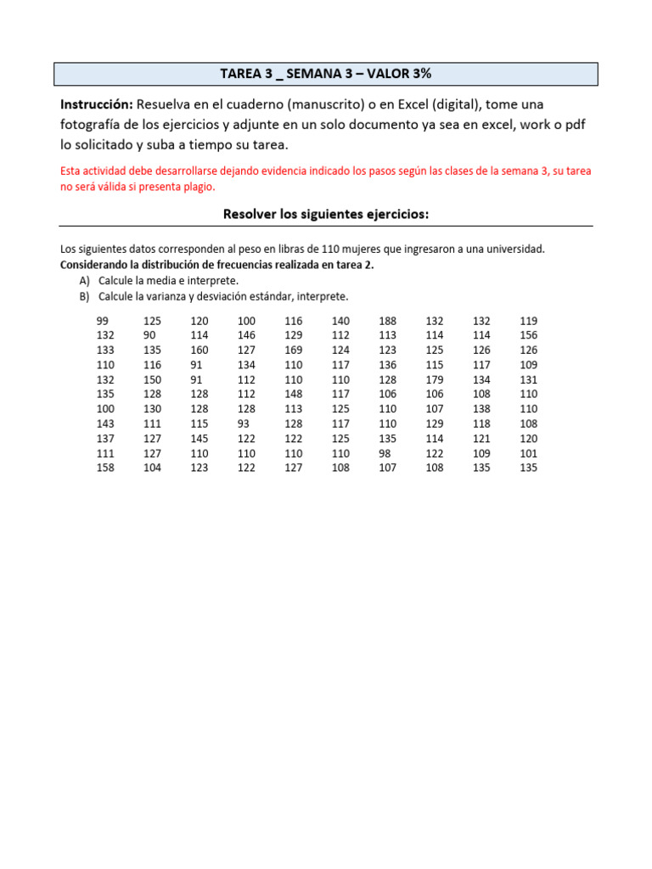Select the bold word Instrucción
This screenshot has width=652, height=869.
pos(96,104)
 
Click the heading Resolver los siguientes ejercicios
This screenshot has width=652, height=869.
pos(326,215)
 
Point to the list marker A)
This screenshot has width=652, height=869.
pos(84,280)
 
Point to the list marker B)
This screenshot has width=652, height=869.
pos(84,296)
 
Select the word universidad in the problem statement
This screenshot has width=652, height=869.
pos(513,249)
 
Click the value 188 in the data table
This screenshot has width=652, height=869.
pos(387,321)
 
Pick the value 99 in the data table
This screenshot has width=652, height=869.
pos(103,321)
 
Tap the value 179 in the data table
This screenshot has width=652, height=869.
pos(434,379)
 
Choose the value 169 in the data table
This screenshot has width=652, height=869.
pos(293,350)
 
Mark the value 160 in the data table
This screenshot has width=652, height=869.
pos(200,350)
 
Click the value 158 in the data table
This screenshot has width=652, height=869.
pos(105,468)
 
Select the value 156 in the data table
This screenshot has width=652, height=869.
pos(528,335)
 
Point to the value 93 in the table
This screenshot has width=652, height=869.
pos(244,423)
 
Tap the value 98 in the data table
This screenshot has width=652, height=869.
pos(385,453)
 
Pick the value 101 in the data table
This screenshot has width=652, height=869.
pos(528,453)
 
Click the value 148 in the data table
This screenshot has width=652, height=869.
pos(293,394)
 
